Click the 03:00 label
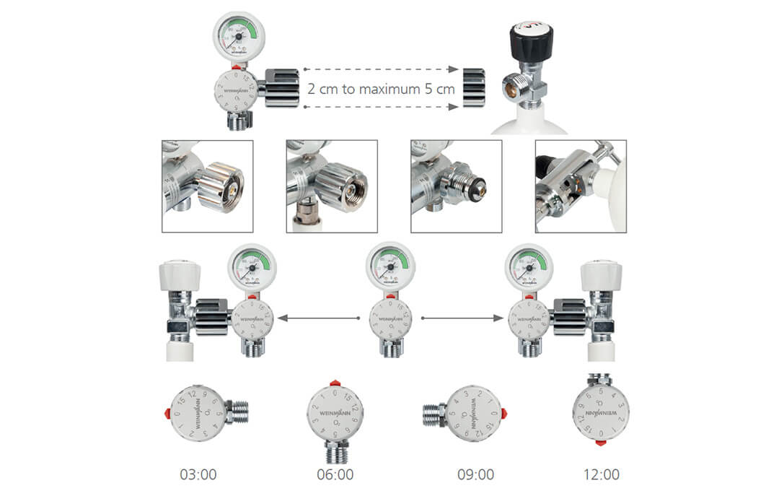tap(198, 474)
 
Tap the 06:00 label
tap(335, 474)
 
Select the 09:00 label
tap(475, 474)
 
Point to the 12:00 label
tap(601, 474)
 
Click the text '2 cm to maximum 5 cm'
tap(381, 90)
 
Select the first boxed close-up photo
tap(208, 186)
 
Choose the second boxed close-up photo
tap(332, 186)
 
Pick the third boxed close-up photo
tap(456, 186)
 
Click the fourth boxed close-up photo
tap(581, 186)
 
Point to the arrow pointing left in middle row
tap(283, 318)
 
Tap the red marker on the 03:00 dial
tap(168, 413)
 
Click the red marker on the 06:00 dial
tap(335, 383)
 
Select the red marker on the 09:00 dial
tap(503, 413)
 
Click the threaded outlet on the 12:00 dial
tap(601, 379)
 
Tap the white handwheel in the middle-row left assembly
tap(180, 274)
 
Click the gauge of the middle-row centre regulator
tap(390, 266)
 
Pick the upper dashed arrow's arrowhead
tap(453, 69)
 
